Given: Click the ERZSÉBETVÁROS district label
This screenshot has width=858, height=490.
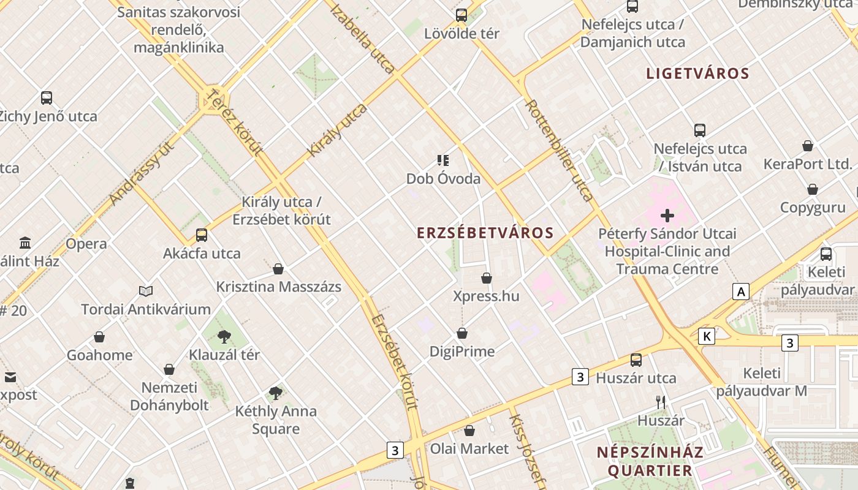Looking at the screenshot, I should point(485,233).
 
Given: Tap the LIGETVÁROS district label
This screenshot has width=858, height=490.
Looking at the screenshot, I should point(697,73).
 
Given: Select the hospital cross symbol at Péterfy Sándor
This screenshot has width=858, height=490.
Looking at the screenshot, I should point(667,216).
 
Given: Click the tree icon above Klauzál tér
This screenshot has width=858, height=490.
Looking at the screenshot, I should point(224,336).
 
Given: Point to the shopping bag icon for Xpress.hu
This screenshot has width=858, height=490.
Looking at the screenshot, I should point(487,278).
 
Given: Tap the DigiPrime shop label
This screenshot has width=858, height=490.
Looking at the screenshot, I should point(461,352).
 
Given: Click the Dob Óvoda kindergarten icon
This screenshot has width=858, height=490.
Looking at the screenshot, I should point(443,160).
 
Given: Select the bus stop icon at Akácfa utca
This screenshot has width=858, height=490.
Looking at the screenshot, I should point(202,235).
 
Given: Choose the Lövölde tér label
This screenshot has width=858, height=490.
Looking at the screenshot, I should point(461,34).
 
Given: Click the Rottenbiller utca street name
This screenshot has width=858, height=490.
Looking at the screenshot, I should point(558,150).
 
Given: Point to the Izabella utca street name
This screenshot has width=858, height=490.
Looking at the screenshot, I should point(362,38).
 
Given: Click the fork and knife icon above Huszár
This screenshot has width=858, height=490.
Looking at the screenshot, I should point(661,402).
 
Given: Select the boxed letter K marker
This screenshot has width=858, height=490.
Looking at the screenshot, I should point(707,336).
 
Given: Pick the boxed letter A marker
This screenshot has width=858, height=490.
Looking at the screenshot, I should point(741,292).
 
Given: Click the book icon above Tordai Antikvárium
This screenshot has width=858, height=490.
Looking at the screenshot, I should point(145,291).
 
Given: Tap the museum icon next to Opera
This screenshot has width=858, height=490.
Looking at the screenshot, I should point(25,243).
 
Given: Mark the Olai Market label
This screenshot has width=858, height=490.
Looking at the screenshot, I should point(469,449).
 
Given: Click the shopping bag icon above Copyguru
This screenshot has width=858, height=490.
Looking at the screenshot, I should point(813,189).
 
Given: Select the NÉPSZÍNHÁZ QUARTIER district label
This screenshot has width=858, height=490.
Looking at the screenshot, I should point(650,461).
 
